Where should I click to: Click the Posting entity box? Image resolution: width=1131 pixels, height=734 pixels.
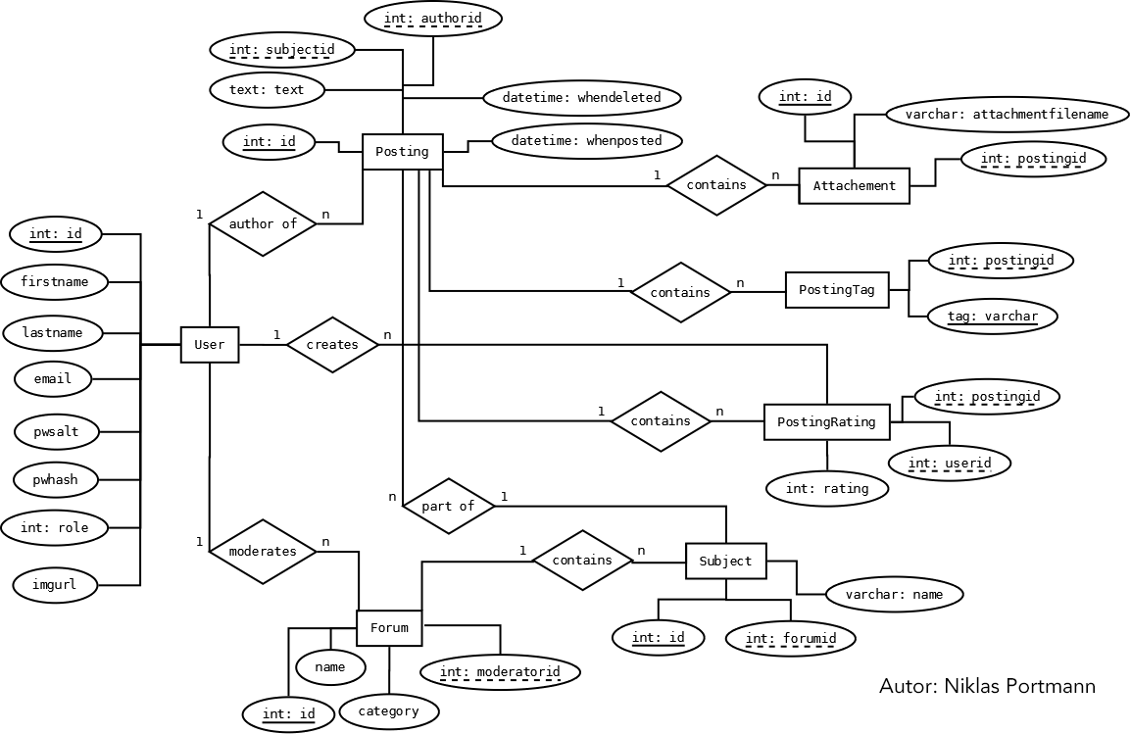click(x=402, y=152)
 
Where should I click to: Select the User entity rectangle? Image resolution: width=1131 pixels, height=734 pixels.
click(x=210, y=345)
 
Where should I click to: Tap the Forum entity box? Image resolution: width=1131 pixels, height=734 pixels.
click(x=389, y=628)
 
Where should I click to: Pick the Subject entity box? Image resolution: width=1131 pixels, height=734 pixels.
click(x=725, y=562)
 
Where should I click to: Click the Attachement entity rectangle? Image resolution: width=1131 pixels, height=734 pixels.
click(x=854, y=185)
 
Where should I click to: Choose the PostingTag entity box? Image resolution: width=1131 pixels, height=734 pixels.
click(x=837, y=290)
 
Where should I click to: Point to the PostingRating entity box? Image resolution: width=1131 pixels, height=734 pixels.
click(x=826, y=422)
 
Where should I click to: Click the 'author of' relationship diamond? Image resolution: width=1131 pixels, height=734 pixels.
click(x=262, y=223)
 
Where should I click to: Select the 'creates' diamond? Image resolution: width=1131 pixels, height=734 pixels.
click(x=332, y=344)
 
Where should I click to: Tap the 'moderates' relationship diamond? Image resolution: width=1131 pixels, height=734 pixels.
click(x=262, y=551)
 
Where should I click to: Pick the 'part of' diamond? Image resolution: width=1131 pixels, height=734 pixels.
click(x=448, y=506)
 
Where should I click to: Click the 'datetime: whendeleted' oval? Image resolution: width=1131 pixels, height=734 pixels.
click(x=581, y=98)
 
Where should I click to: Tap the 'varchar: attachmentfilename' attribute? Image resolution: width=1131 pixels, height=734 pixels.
click(x=1007, y=115)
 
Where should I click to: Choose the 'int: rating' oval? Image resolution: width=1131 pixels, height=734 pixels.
click(x=827, y=488)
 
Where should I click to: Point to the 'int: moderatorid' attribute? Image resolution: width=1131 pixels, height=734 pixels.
click(x=500, y=672)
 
